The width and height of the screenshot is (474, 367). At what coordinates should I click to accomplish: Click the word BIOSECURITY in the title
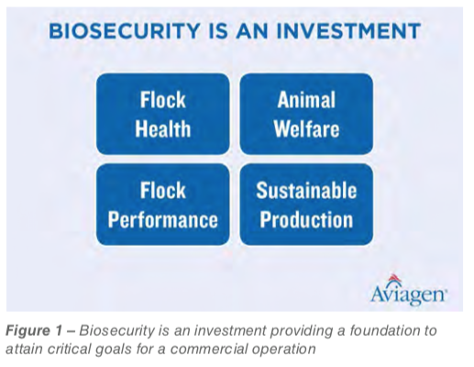124,31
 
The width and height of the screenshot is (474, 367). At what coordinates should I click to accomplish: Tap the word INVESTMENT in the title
347,31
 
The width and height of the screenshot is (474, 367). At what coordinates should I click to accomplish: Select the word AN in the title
252,31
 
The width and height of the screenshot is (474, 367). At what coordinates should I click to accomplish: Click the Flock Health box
162,114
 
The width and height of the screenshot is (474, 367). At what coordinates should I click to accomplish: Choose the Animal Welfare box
306,114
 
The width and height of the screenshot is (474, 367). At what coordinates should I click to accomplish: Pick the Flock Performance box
162,205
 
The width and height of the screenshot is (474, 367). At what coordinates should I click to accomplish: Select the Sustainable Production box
306,205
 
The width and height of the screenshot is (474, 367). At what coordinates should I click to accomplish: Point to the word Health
163,128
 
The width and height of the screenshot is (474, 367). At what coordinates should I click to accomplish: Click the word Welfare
306,128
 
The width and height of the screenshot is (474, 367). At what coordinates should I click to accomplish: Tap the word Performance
163,220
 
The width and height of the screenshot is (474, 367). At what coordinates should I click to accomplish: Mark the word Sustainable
306,190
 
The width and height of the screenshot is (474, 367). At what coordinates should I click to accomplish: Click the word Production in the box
306,219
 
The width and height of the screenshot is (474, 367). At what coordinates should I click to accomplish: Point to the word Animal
306,100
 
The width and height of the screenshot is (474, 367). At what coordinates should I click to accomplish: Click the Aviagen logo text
409,295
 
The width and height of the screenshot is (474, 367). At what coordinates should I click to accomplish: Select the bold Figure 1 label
39,330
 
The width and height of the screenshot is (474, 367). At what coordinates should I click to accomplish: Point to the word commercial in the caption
210,349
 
